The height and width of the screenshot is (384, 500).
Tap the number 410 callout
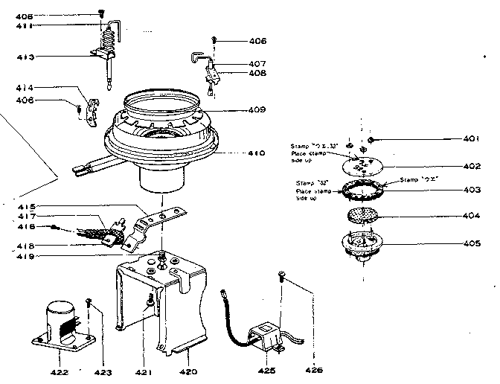tap(256, 154)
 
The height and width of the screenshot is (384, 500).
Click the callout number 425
tap(266, 370)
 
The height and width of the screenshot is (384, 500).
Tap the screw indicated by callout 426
tap(281, 276)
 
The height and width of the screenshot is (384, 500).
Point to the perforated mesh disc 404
tap(362, 216)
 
